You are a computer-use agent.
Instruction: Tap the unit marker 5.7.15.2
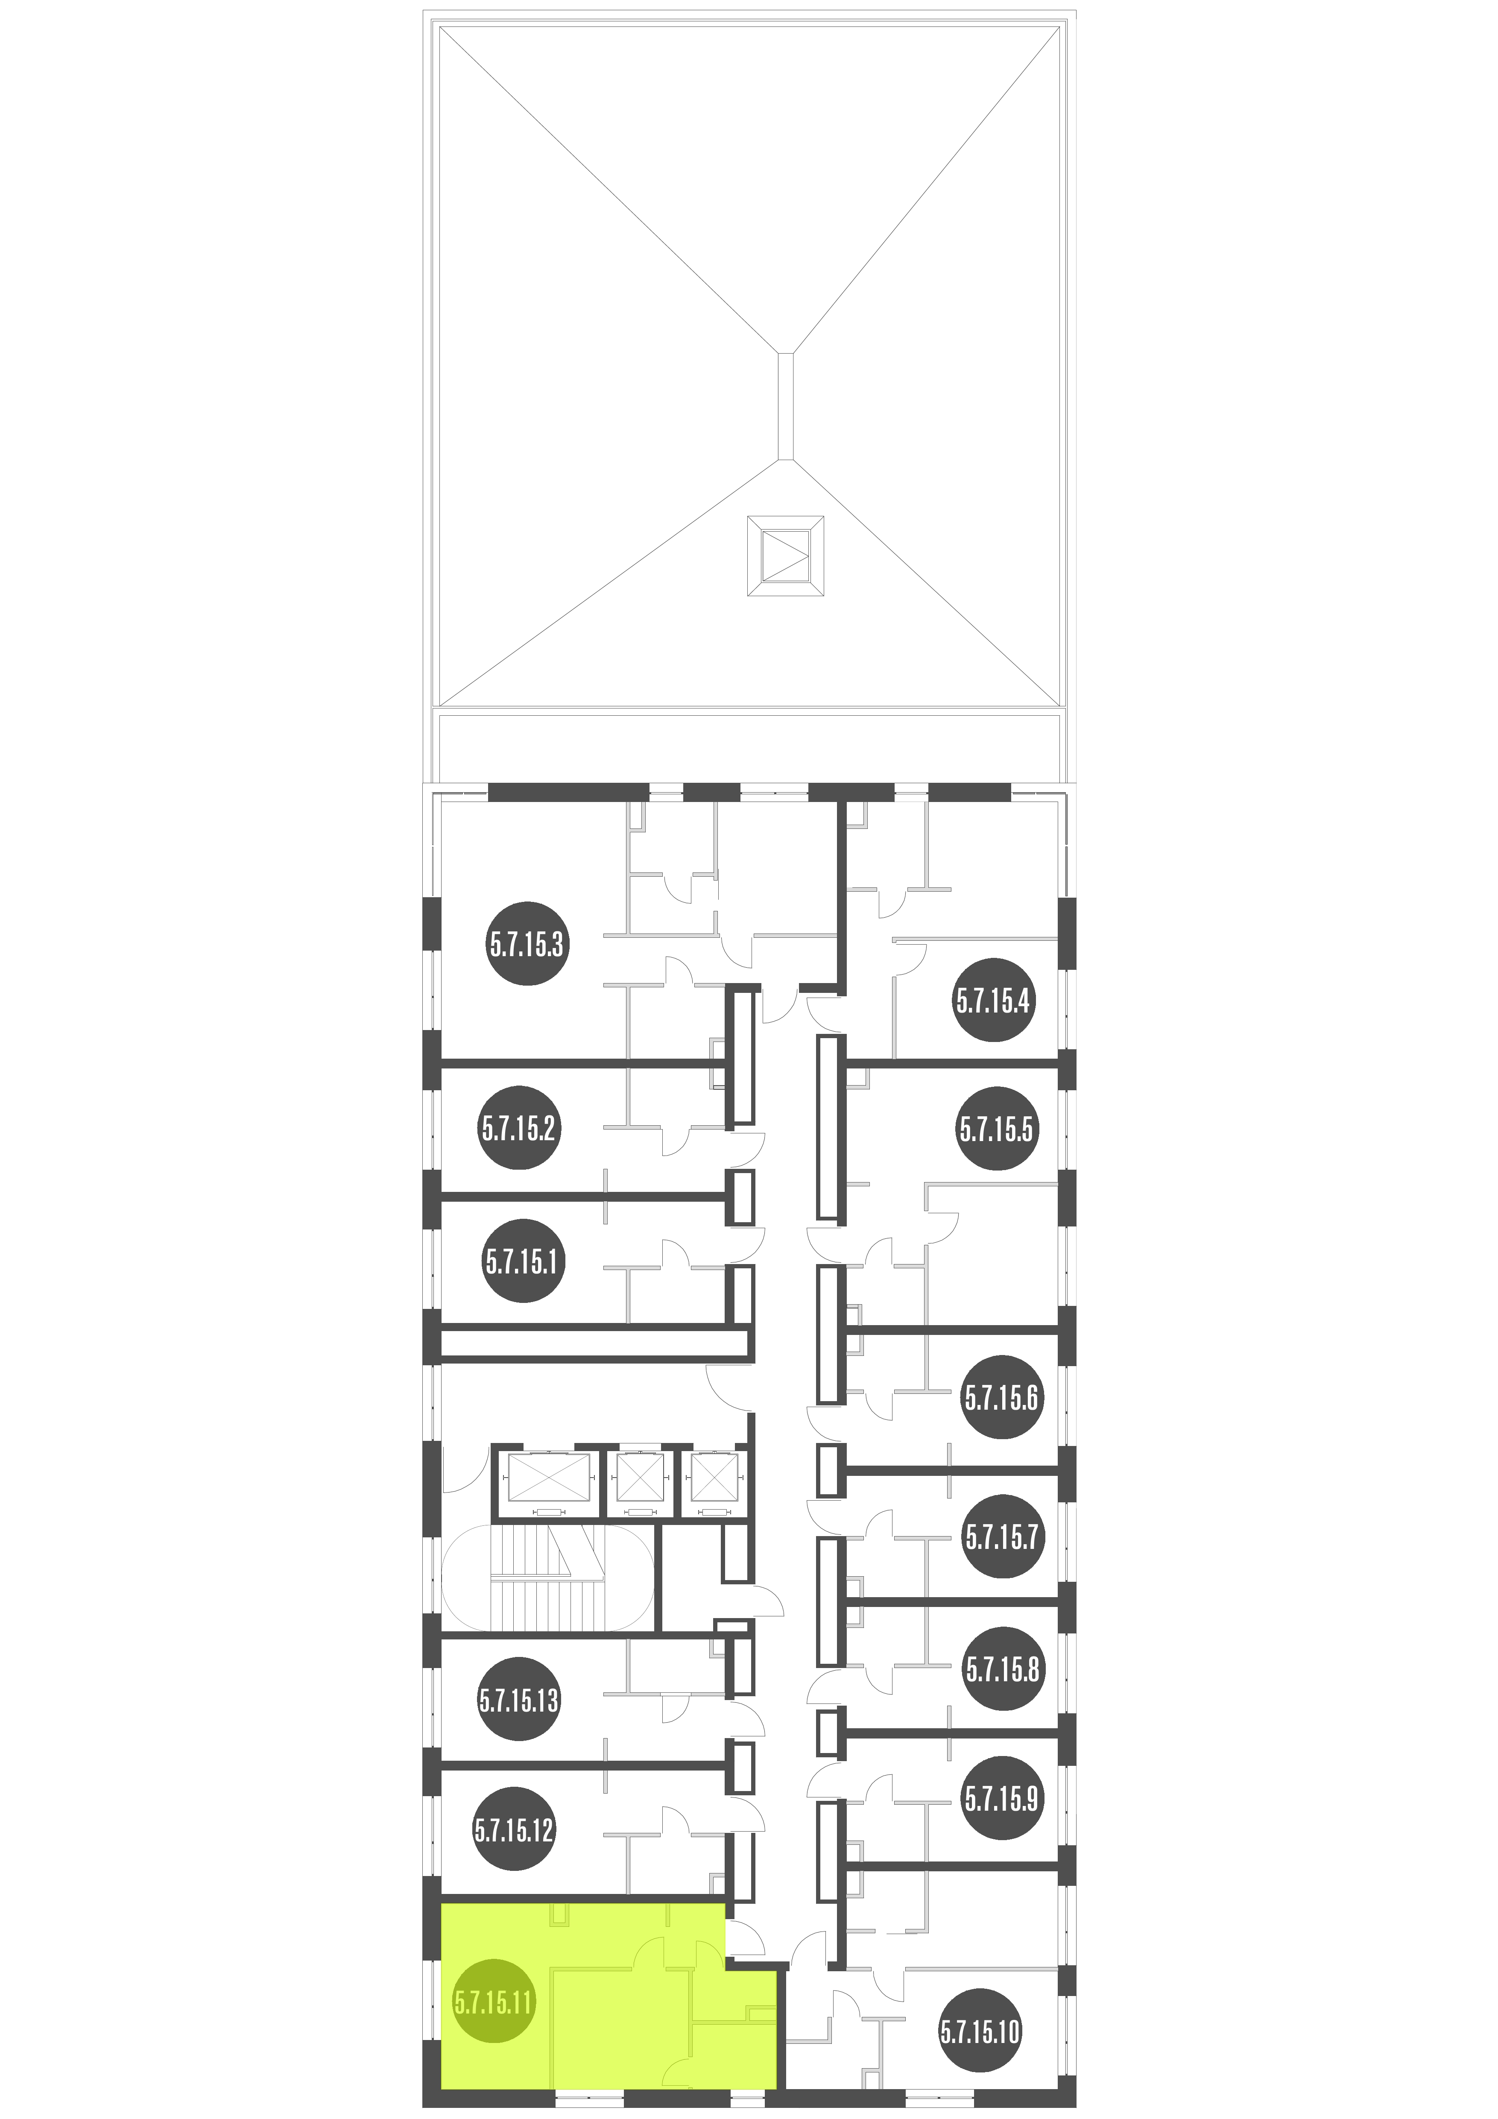pos(519,1128)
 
